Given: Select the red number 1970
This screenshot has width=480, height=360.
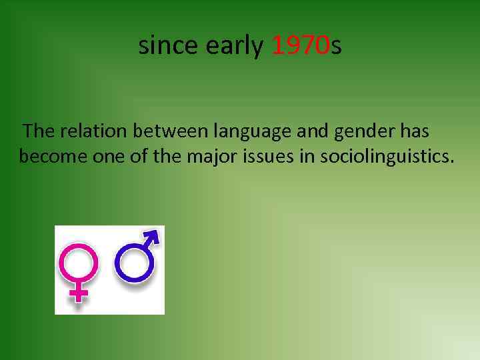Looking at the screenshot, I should pyautogui.click(x=301, y=45).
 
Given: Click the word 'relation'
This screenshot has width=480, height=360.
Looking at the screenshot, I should pyautogui.click(x=94, y=131).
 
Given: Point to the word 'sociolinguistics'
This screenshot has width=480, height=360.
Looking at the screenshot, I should pyautogui.click(x=387, y=157).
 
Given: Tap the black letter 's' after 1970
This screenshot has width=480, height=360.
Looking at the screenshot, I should pyautogui.click(x=336, y=46).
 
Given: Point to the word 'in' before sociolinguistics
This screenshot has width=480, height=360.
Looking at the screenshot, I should pyautogui.click(x=309, y=157).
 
